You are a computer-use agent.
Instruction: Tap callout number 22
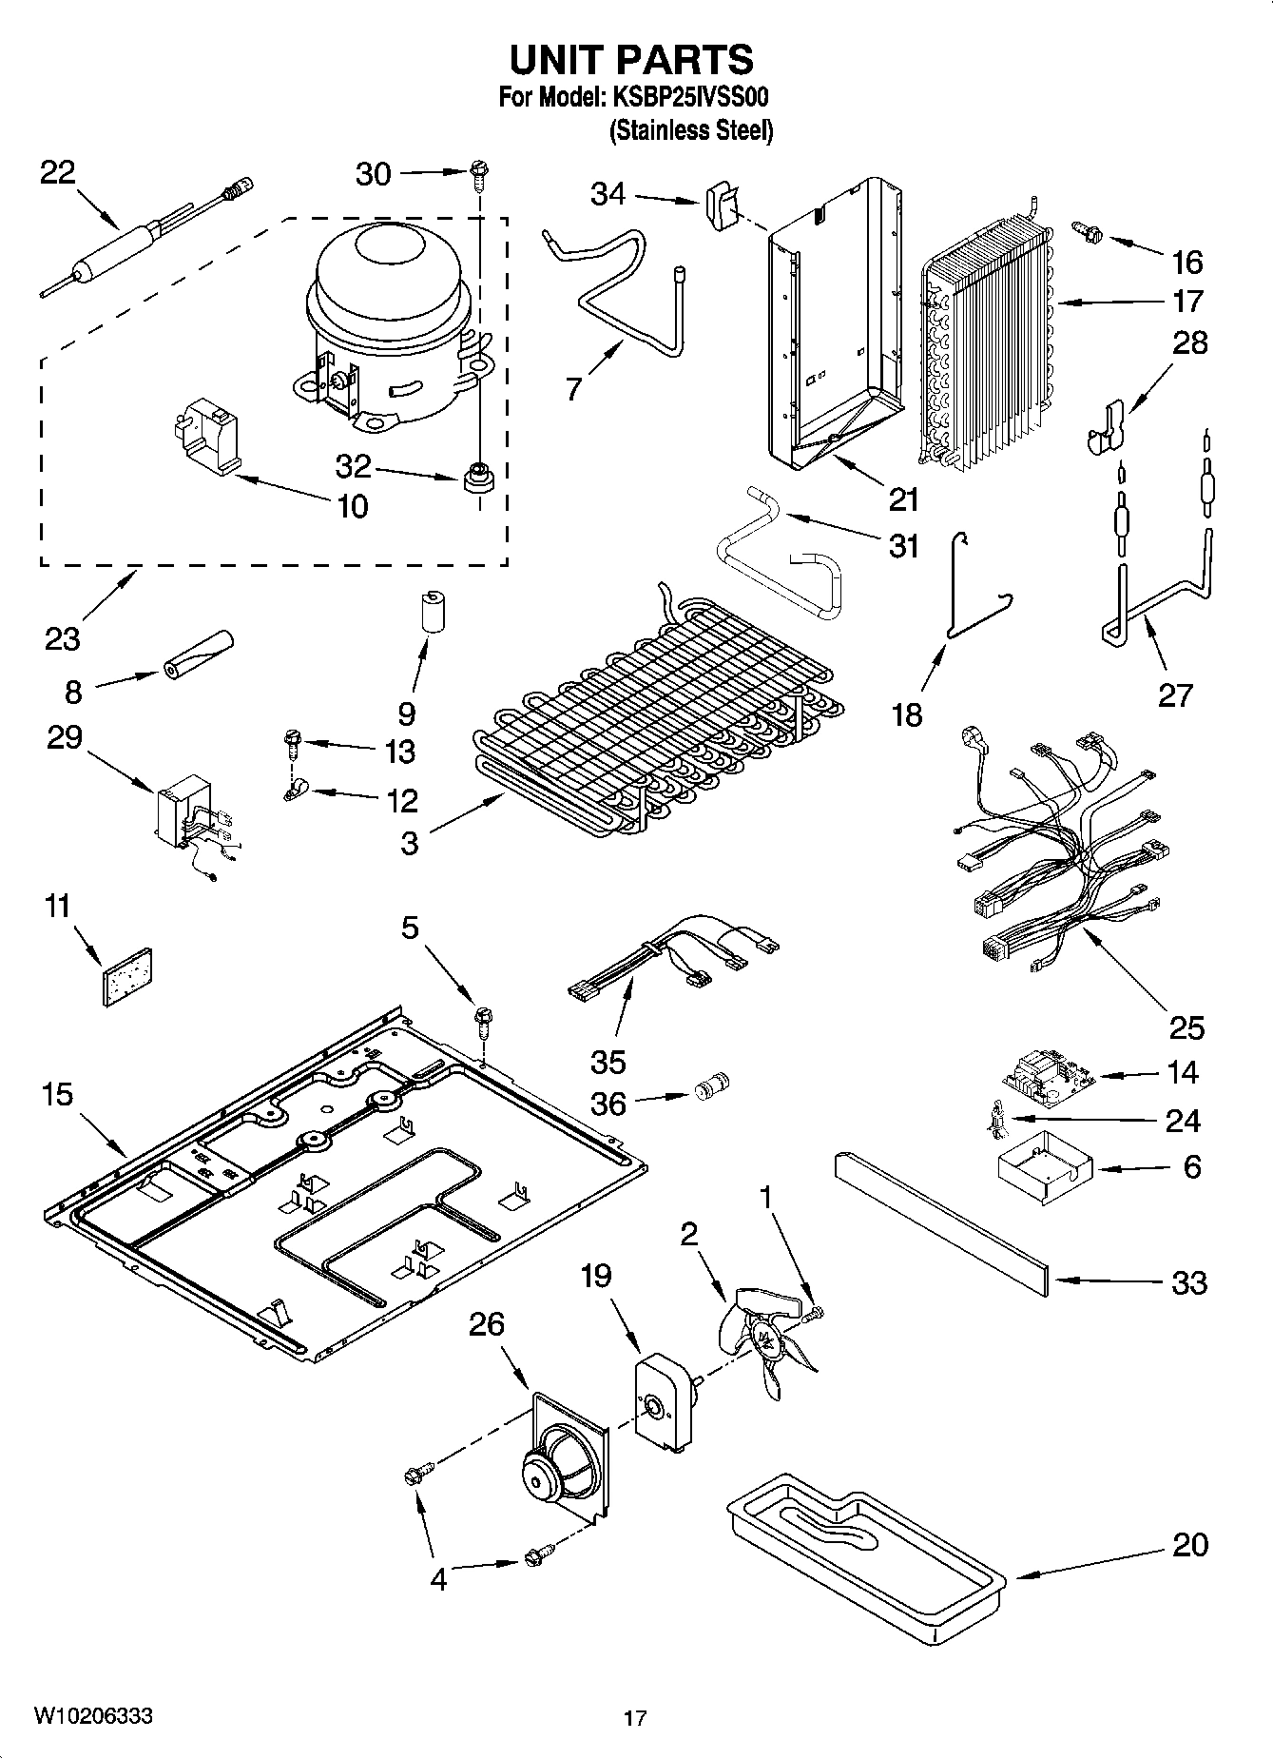coord(57,173)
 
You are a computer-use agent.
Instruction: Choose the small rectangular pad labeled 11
coord(128,975)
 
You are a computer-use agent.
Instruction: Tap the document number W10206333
coord(93,1717)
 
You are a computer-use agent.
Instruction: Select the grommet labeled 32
coord(476,477)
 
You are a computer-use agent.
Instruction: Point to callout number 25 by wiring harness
coord(1186,1026)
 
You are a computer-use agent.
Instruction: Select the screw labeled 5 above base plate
coord(482,1023)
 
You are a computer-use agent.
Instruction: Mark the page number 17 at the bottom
coord(635,1718)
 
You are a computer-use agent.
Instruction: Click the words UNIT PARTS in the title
coord(631,59)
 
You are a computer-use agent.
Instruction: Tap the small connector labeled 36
coord(711,1087)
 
